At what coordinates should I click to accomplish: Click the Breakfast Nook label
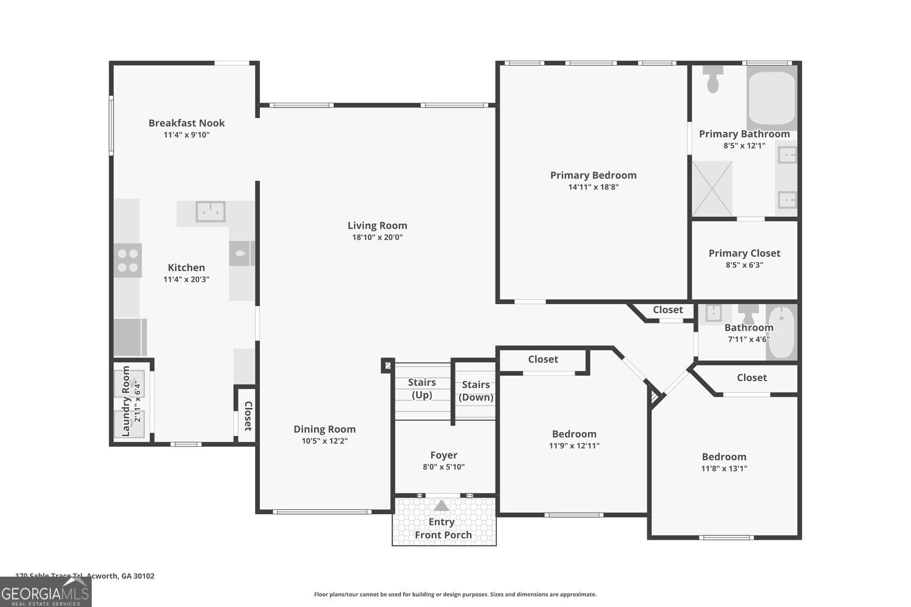pos(186,123)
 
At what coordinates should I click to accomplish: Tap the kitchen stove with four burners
pos(128,260)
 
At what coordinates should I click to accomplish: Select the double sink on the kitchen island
pos(211,212)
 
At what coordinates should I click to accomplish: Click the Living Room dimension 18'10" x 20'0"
pos(377,237)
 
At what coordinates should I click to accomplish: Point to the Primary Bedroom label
pos(593,175)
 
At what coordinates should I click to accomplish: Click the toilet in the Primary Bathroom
pos(713,78)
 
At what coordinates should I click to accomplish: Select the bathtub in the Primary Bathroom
pos(771,97)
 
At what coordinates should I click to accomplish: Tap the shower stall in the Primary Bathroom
pos(712,188)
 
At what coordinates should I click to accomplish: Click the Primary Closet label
pos(744,253)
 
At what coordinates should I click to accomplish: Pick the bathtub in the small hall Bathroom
pos(781,332)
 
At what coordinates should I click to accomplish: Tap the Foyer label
pos(443,455)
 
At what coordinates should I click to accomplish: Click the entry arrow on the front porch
pos(442,506)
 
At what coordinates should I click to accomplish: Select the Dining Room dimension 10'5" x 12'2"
pos(324,441)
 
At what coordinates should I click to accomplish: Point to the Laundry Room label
pos(126,401)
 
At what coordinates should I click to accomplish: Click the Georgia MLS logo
pos(46,592)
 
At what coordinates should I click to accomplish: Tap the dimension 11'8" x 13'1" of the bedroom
pos(724,469)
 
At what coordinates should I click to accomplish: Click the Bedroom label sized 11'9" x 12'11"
pos(574,434)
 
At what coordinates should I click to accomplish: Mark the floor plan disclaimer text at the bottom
pos(455,595)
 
